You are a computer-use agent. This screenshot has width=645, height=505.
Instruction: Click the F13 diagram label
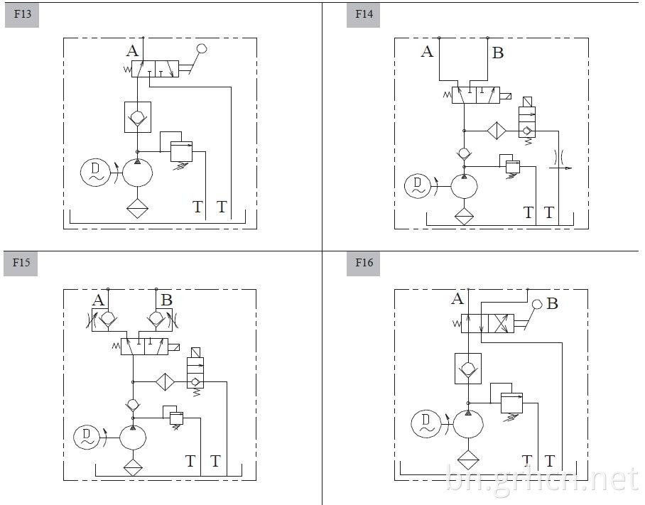(22, 14)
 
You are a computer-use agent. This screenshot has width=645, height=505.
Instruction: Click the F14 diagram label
(364, 14)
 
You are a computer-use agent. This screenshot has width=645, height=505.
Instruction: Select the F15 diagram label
(21, 262)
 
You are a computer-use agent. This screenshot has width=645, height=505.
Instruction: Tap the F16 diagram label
(364, 262)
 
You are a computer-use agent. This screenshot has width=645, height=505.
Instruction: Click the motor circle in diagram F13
(95, 173)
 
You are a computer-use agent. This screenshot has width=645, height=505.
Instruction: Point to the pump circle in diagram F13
(137, 173)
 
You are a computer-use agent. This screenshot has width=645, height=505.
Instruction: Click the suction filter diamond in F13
(137, 208)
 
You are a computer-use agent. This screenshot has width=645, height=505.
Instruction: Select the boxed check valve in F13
(138, 117)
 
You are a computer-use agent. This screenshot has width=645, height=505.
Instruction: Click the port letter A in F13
(132, 51)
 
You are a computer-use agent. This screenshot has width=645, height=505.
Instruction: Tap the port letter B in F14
(498, 53)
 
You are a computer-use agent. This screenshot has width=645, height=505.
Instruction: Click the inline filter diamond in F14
(497, 131)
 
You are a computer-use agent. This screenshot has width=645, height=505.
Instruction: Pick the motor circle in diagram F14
(418, 186)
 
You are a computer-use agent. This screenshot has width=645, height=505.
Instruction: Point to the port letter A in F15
(98, 300)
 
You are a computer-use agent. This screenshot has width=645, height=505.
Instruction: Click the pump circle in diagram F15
(133, 438)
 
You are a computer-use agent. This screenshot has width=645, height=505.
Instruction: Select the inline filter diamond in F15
(165, 382)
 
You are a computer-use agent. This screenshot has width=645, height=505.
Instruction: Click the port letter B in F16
(553, 304)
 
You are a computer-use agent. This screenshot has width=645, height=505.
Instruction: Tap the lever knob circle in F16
(537, 304)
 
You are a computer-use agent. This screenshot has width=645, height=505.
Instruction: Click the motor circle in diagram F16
(426, 423)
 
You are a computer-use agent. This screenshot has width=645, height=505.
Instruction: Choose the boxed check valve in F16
(468, 369)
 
